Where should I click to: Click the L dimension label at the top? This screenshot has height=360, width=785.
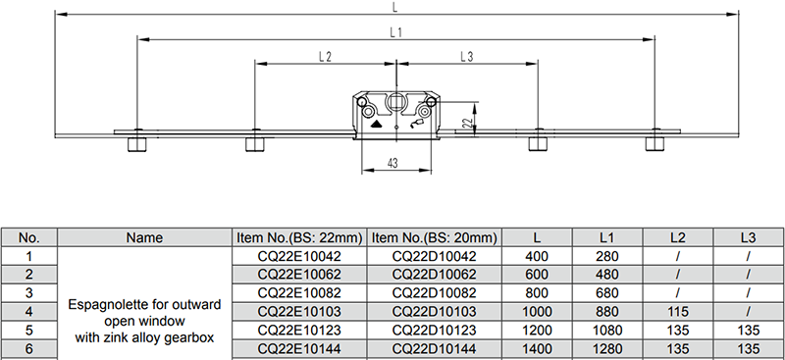[x=395, y=7]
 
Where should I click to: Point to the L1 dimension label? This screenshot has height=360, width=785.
[x=396, y=32]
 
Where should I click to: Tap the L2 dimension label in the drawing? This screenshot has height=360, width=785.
[x=326, y=57]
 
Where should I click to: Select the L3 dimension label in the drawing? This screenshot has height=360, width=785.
[x=467, y=57]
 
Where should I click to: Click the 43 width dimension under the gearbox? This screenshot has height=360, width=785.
[x=393, y=163]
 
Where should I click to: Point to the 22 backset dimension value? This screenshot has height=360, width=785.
[x=468, y=123]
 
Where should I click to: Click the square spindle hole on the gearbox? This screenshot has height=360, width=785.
[x=396, y=102]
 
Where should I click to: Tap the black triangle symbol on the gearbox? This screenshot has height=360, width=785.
[x=377, y=124]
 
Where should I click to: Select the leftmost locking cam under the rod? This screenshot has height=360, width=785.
[x=136, y=144]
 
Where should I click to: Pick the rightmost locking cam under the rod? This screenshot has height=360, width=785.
[x=654, y=143]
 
